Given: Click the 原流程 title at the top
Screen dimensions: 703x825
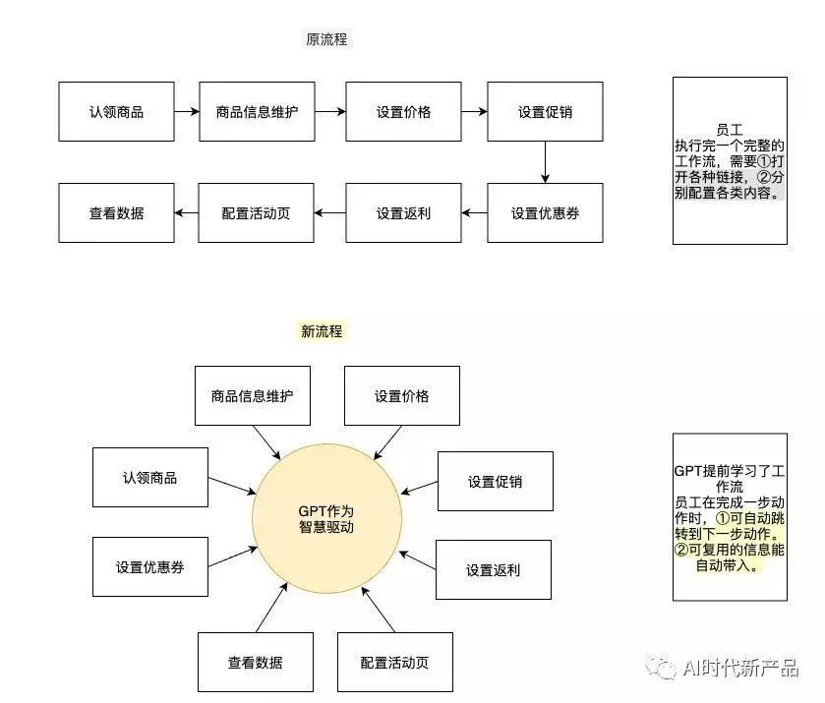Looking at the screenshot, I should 326,40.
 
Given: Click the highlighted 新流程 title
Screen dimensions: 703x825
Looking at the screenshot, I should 323,331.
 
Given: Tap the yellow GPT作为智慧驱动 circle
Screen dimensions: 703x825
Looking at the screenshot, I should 326,518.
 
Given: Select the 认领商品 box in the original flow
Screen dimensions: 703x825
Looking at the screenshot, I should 116,111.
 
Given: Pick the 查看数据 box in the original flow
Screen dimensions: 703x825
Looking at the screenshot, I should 116,212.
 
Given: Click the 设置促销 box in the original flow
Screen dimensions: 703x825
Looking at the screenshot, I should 545,111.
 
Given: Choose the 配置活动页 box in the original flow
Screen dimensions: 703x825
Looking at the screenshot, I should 256,212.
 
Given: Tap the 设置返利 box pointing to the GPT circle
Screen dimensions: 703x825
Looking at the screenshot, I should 493,569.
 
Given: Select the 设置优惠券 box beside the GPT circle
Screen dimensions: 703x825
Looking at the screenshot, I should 149,566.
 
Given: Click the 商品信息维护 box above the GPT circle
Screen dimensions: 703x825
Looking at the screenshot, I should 253,396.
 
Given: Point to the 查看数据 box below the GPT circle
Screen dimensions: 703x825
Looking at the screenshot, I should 256,663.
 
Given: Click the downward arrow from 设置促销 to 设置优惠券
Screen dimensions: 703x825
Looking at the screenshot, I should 545,162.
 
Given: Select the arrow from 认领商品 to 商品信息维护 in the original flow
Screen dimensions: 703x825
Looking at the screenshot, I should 186,111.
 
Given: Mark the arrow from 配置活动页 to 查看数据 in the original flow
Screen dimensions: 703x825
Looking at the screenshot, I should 186,212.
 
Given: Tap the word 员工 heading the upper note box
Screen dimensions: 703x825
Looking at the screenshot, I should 729,129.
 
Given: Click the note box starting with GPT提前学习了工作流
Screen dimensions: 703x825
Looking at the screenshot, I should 730,516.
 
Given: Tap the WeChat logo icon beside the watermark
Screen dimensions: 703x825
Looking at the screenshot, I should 661,668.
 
